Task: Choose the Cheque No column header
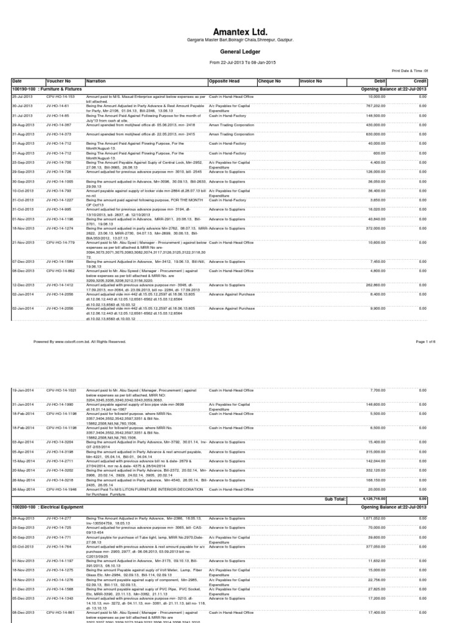(269, 81)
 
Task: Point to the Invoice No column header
(311, 81)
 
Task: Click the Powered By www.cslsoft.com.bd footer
(80, 342)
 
